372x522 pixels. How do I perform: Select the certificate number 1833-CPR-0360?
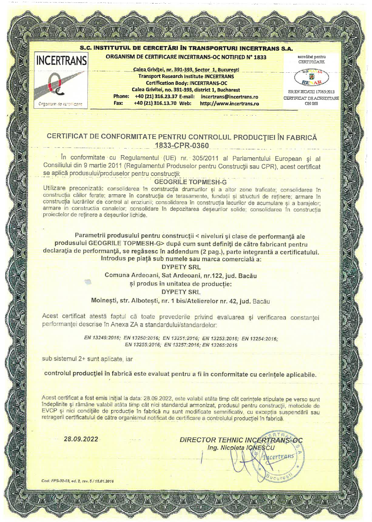(x=184, y=146)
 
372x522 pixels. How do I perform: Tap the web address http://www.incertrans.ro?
(x=229, y=103)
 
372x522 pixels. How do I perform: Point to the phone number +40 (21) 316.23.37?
(x=159, y=97)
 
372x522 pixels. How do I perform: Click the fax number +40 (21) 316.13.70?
(x=159, y=103)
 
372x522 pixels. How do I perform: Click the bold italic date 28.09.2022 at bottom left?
(x=81, y=439)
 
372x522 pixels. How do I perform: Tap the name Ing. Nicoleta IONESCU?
(x=241, y=448)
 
